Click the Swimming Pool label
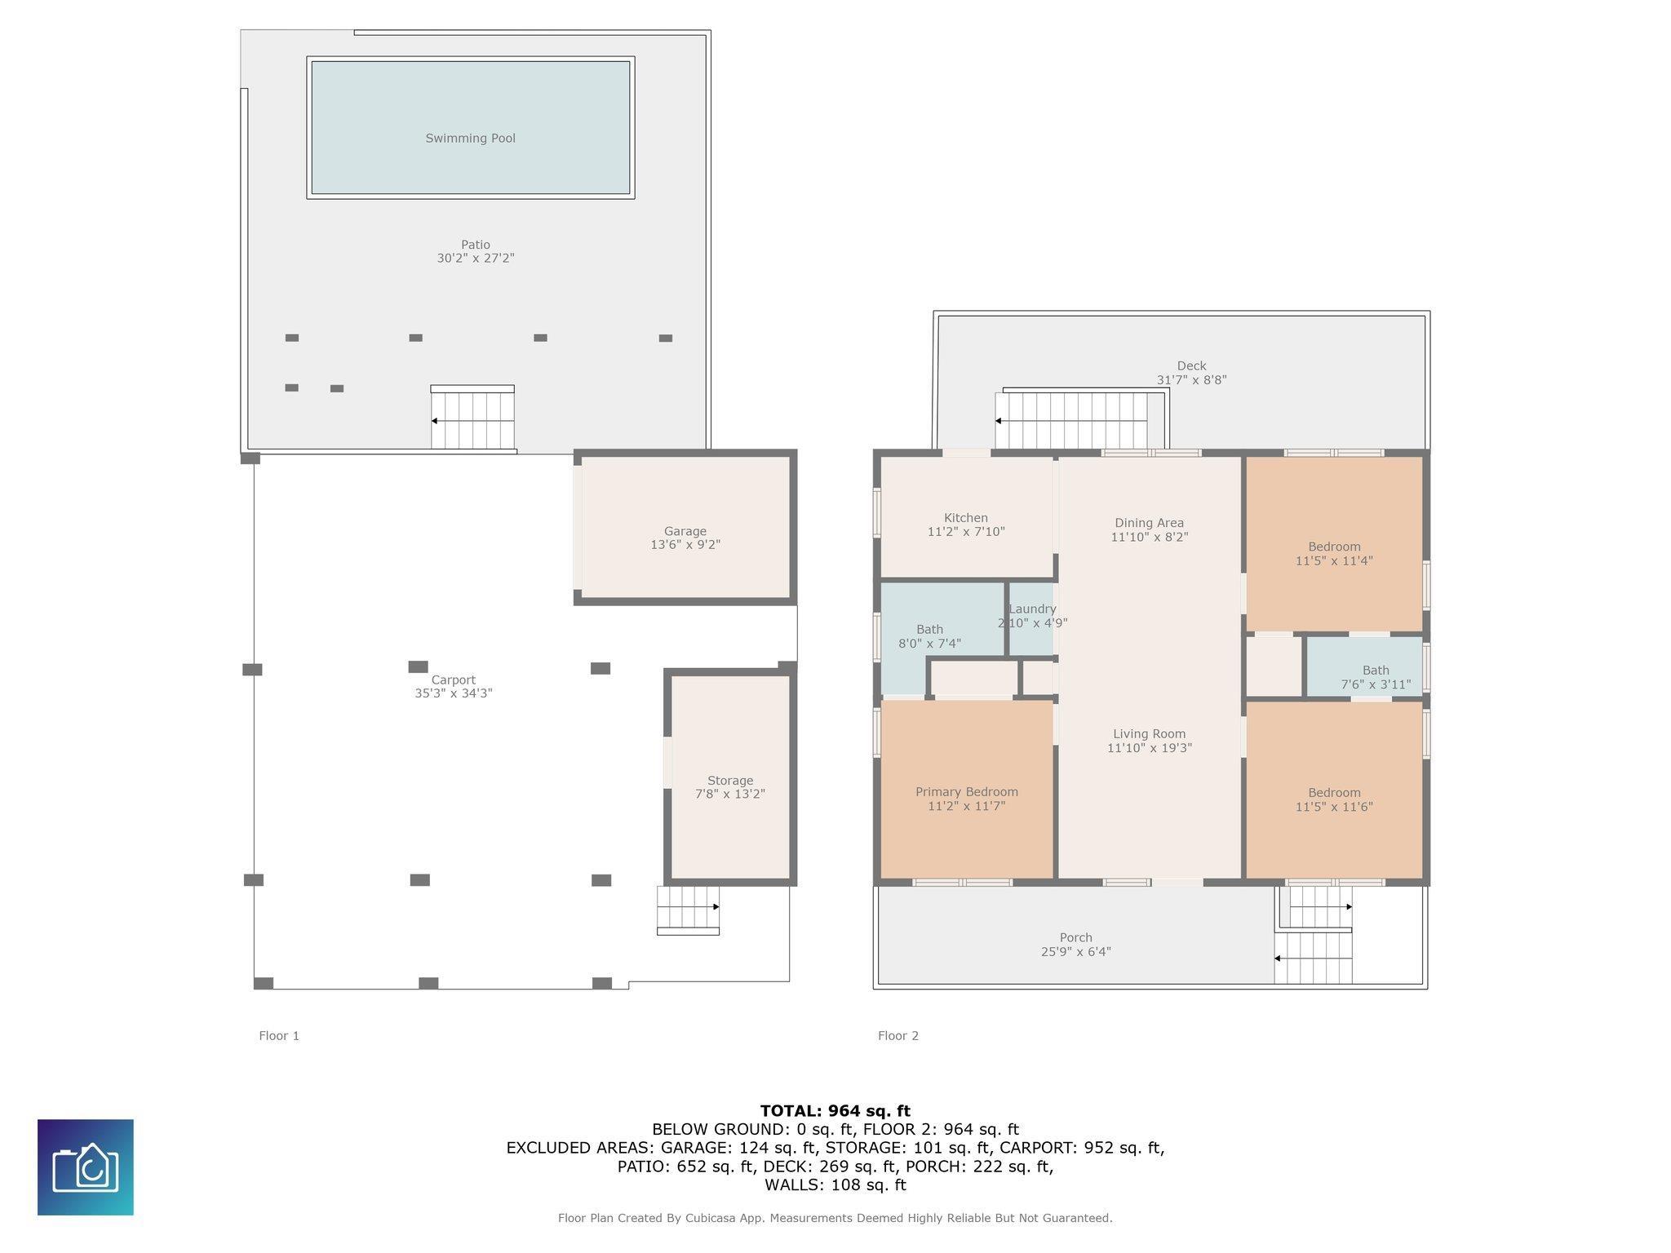470,138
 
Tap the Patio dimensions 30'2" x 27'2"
475,259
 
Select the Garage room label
685,531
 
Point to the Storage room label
729,781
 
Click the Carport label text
453,680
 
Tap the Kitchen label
965,518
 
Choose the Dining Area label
1149,523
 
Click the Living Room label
1149,734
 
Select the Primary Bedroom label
966,792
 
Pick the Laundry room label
1032,609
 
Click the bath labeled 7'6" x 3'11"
1375,678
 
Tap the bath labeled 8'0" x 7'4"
929,636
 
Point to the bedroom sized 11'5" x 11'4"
1334,554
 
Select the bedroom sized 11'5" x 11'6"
1334,799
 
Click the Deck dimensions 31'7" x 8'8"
1191,380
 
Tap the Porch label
1075,938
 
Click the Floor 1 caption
279,1036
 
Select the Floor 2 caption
898,1036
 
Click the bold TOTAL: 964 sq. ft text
835,1110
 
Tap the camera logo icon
86,1167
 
